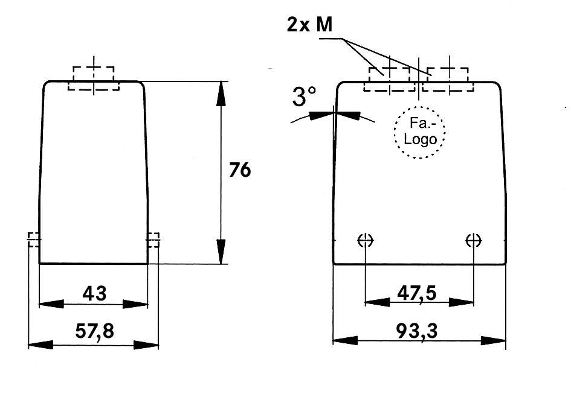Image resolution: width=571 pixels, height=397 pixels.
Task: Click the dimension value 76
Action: tap(239, 171)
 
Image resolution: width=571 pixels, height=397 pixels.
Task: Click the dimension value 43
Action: tap(94, 294)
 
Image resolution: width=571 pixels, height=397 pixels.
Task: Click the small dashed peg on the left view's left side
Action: tap(34, 240)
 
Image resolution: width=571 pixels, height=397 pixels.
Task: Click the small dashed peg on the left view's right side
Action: tap(153, 240)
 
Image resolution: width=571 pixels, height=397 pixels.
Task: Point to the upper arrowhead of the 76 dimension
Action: tap(221, 94)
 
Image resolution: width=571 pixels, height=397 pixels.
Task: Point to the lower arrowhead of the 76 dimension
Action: tap(221, 252)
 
